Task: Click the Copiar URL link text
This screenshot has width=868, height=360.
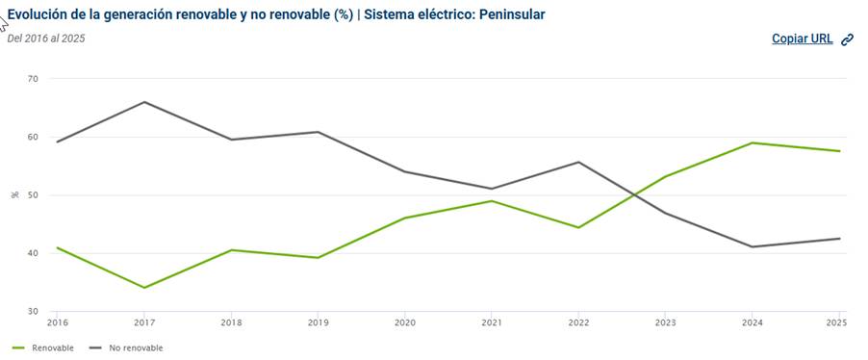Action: [x=803, y=39]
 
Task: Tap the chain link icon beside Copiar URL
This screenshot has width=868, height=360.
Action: [x=847, y=39]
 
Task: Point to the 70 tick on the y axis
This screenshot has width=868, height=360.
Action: [x=33, y=79]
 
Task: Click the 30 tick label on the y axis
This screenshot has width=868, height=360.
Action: [x=33, y=311]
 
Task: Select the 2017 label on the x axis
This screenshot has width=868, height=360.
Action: [x=144, y=322]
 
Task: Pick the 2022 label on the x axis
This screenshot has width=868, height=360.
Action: [x=578, y=322]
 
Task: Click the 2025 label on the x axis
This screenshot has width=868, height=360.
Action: [x=838, y=322]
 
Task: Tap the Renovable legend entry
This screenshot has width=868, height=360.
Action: [x=43, y=347]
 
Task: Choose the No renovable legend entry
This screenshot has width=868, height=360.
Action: [x=126, y=347]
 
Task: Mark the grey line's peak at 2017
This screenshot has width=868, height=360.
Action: [x=144, y=102]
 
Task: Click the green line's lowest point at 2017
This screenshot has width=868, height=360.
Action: [x=144, y=288]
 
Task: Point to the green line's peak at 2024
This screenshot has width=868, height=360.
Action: [x=752, y=142]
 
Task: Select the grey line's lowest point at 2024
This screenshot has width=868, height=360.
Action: [x=752, y=246]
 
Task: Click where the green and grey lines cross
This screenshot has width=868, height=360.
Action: [x=633, y=194]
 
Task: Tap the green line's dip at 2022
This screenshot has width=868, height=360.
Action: [x=578, y=227]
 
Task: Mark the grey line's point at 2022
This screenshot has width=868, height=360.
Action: [x=578, y=162]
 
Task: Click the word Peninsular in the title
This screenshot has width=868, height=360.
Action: [x=512, y=14]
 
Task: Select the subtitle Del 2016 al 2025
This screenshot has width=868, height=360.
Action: [x=46, y=39]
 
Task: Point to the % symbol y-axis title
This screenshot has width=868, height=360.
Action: [x=15, y=195]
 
